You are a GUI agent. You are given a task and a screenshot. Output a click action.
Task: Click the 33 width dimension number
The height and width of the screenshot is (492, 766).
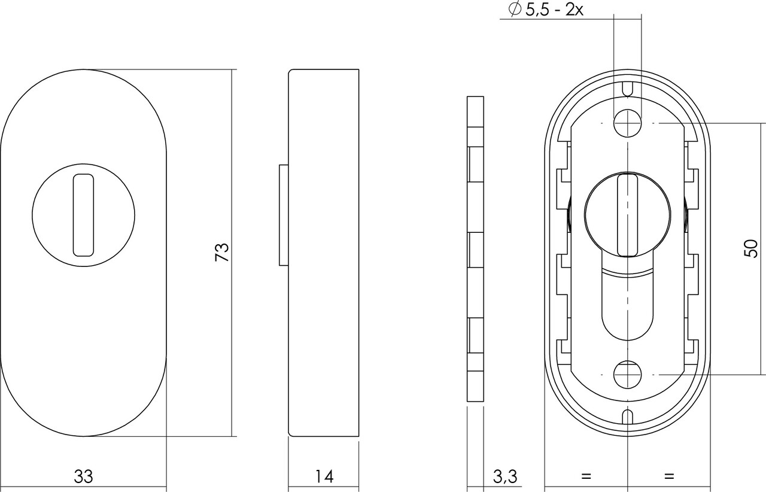(x=84, y=476)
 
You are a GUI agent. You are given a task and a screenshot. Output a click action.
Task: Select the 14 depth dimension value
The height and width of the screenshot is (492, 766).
(x=324, y=476)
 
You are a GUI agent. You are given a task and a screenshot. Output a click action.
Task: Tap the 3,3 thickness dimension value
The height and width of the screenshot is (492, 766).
(x=506, y=476)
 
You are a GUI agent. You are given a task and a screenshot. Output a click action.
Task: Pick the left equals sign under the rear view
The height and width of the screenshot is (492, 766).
(x=586, y=476)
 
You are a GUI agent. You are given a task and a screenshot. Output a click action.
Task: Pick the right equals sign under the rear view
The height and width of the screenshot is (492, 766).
(x=668, y=476)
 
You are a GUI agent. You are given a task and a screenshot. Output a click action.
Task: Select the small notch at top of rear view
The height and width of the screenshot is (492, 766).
(x=627, y=89)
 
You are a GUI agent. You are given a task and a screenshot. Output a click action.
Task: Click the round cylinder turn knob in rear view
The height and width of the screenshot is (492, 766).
(x=625, y=214)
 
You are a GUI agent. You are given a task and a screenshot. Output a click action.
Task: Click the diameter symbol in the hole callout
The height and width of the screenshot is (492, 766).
(x=513, y=10)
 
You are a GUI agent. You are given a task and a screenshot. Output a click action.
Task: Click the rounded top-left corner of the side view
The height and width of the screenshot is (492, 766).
(x=291, y=72)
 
